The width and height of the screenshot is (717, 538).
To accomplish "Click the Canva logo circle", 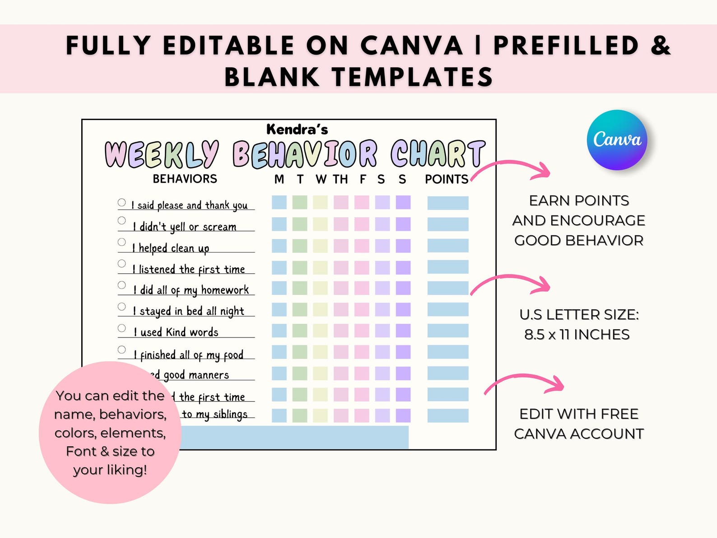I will click(x=617, y=140).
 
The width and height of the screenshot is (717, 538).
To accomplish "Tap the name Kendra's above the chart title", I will click(x=297, y=130).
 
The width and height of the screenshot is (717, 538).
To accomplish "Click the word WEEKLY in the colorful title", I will click(x=162, y=154).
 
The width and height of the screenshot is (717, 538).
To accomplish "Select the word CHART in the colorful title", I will click(x=438, y=154).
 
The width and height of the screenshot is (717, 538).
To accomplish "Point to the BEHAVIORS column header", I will click(x=185, y=179).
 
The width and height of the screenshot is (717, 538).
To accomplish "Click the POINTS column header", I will click(x=447, y=179).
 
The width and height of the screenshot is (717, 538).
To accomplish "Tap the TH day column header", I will click(x=340, y=179).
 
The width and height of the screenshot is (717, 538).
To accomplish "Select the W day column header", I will click(x=321, y=179).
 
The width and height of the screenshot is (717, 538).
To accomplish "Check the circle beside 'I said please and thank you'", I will click(x=122, y=202).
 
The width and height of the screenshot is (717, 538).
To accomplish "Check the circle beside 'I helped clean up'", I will click(x=122, y=242).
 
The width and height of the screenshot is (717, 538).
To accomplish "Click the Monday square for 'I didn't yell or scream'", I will click(x=279, y=224).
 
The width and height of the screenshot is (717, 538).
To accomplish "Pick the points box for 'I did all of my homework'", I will click(x=448, y=288).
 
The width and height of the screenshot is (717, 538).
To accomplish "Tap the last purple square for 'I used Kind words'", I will click(x=403, y=331).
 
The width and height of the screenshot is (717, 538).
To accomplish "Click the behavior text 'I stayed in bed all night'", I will click(x=188, y=311).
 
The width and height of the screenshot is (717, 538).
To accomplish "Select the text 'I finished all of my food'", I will click(x=188, y=355).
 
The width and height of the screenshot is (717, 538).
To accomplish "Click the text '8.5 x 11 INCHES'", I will click(x=577, y=335).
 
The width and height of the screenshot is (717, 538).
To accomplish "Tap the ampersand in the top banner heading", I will click(x=661, y=46).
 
